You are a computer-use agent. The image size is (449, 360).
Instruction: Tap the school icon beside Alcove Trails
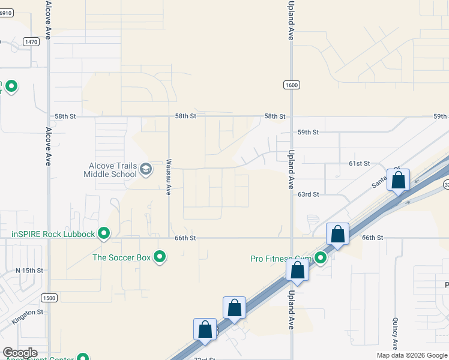[145, 170]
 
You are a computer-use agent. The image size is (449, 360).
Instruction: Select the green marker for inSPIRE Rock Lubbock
[104, 233]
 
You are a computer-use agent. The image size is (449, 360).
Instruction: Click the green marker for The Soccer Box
[160, 257]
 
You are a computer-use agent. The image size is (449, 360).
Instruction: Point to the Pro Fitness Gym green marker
[321, 258]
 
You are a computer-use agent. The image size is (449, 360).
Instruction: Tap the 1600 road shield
[292, 85]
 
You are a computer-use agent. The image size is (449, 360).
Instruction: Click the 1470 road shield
[32, 41]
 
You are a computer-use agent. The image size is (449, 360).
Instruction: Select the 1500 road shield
[49, 298]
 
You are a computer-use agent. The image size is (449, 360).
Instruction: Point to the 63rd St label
[308, 194]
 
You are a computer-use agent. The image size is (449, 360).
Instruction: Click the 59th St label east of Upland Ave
[308, 132]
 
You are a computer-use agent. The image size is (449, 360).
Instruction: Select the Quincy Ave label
[396, 334]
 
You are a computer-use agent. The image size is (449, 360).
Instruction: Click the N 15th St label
[29, 271]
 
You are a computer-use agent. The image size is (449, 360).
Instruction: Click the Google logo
[20, 353]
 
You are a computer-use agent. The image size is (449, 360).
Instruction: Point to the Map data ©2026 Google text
[412, 355]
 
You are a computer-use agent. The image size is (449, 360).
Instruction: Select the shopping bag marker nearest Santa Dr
[398, 180]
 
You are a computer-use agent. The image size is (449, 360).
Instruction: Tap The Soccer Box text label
[121, 257]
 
